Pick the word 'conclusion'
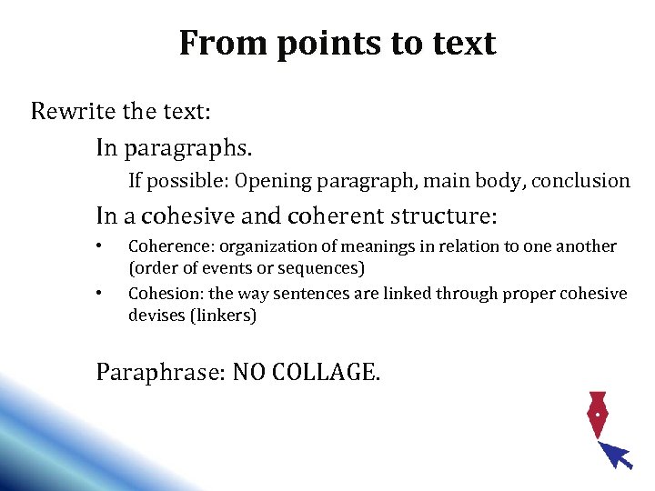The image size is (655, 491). click(x=580, y=181)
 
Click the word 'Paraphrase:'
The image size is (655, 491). click(x=161, y=372)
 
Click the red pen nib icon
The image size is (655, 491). click(x=597, y=414)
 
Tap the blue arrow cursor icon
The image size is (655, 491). click(x=618, y=454)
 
